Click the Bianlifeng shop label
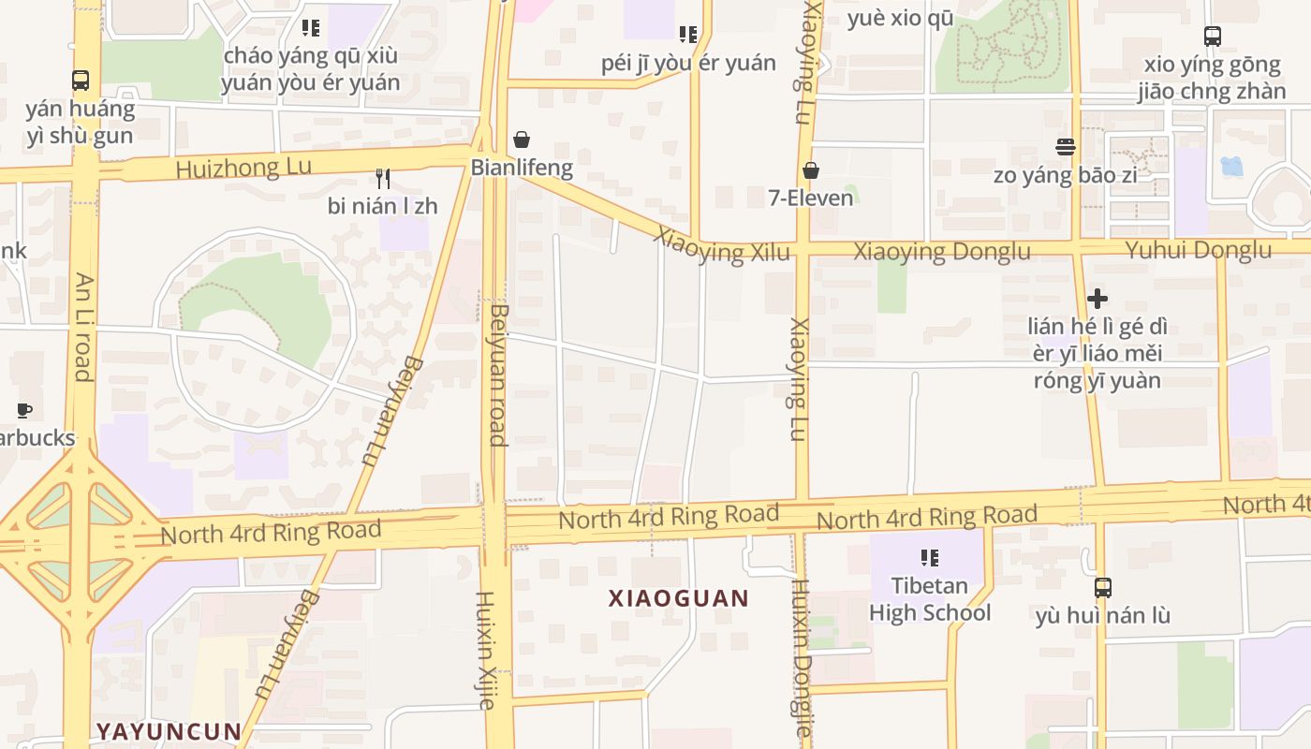click(x=522, y=168)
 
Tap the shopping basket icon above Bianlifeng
click(x=522, y=140)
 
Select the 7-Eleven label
click(x=811, y=198)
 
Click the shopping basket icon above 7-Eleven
click(x=811, y=170)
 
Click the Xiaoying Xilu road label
click(x=723, y=244)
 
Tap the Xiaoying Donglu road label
click(x=941, y=251)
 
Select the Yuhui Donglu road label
click(x=1198, y=250)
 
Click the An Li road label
click(x=83, y=327)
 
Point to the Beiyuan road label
click(x=498, y=374)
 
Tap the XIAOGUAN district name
click(x=679, y=598)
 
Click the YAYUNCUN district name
click(x=169, y=730)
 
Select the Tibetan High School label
click(x=929, y=599)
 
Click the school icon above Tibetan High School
click(x=929, y=558)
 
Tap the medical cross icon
click(x=1097, y=299)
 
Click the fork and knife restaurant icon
click(x=382, y=178)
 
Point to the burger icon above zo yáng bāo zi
click(x=1065, y=147)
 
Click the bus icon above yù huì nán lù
click(x=1103, y=588)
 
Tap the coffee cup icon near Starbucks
click(x=24, y=410)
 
